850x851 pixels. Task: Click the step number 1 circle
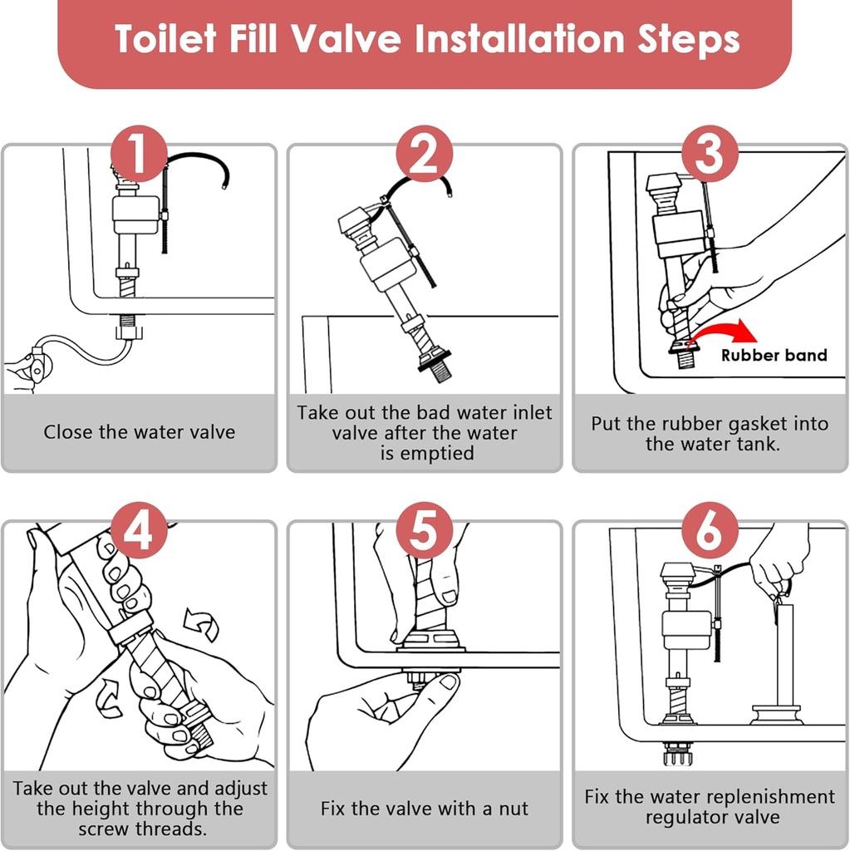pos(139,155)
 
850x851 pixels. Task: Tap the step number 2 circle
pos(424,155)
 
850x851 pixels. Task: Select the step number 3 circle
pos(709,155)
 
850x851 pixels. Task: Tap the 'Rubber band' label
pos(774,356)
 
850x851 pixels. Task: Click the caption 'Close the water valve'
pos(140,432)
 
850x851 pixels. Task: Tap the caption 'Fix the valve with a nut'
pos(425,809)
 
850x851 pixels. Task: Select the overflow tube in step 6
pos(784,657)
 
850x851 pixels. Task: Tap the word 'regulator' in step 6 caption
pos(686,818)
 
